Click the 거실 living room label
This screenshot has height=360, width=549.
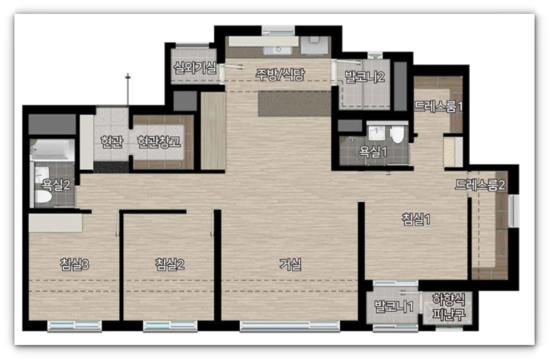pos(290,264)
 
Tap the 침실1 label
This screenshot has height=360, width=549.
pos(416,219)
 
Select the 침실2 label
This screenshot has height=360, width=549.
pos(169,264)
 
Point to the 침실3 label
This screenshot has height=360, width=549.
pos(74,264)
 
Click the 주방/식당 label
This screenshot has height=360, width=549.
pos(280,74)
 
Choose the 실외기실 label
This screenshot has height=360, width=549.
pos(195,68)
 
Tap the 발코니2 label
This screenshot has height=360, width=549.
pos(365,77)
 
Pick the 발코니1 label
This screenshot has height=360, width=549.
pos(394,307)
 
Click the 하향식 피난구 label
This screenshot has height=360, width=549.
pos(449,307)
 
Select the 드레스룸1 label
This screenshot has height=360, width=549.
pos(439,107)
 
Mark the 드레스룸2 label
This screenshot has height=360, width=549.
pos(480,185)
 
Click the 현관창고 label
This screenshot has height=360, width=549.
pos(159,141)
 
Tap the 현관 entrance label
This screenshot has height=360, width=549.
pos(112,141)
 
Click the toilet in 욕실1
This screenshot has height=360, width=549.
pos(397,135)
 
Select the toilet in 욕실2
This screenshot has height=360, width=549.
pos(43,196)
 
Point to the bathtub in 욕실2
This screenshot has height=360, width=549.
pos(52,150)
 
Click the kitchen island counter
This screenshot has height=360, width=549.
pos(294,104)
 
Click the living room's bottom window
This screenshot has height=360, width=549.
pos(290,326)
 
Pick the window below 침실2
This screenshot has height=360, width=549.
pos(170,326)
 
